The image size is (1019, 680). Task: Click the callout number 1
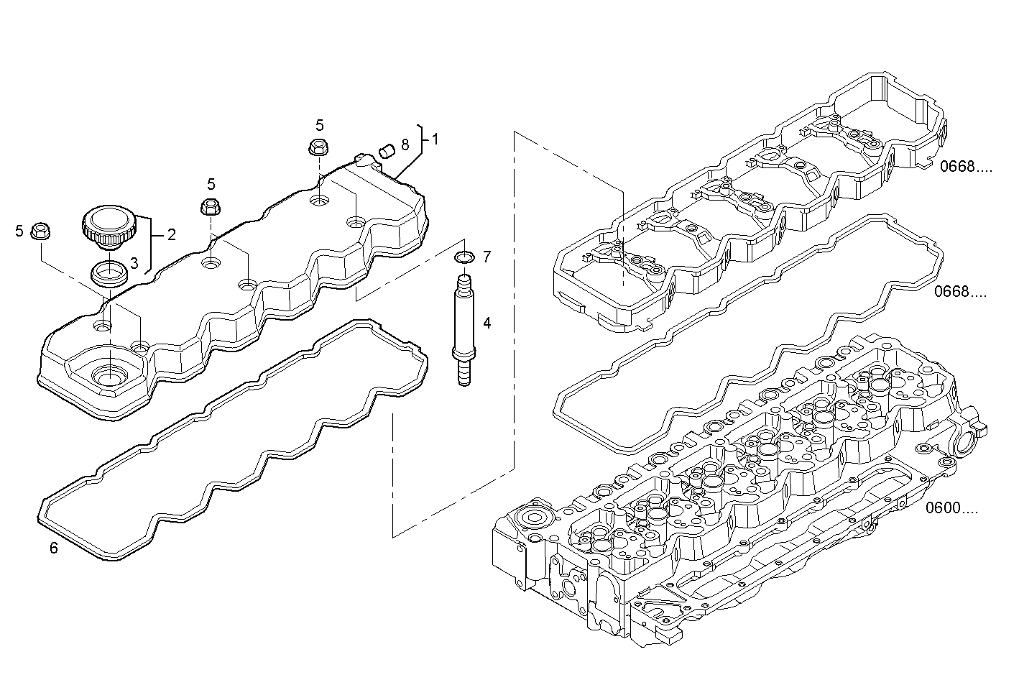[x=435, y=139]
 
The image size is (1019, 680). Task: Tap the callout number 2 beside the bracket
[x=172, y=234]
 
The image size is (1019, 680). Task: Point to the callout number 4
[x=487, y=323]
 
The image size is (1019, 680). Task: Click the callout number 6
[x=54, y=548]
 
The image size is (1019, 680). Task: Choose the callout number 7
[x=487, y=256]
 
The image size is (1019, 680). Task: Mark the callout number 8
[x=405, y=144]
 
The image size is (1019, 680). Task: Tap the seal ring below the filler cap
[x=109, y=273]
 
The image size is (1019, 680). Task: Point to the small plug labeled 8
[x=387, y=150]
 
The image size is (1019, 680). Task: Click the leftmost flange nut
[x=41, y=231]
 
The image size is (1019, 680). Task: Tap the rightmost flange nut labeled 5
[x=317, y=147]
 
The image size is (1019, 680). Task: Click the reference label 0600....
[x=951, y=509]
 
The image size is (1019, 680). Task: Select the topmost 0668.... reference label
[x=965, y=167]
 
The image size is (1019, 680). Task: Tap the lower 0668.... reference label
[x=961, y=292]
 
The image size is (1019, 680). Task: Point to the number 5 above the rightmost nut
[x=320, y=124]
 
